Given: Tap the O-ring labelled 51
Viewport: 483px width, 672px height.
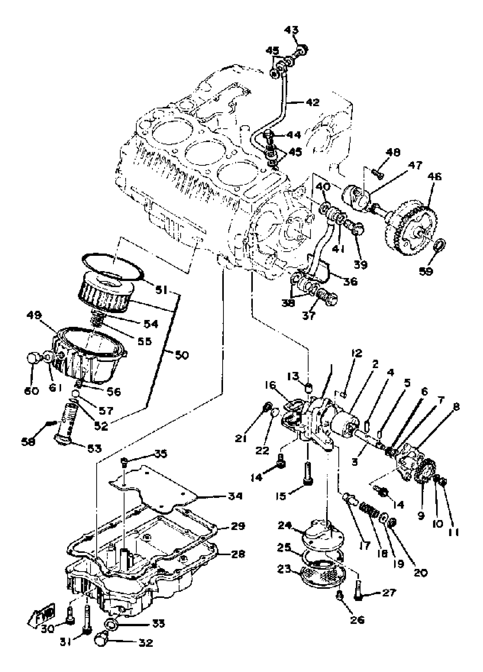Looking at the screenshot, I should [113, 266].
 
